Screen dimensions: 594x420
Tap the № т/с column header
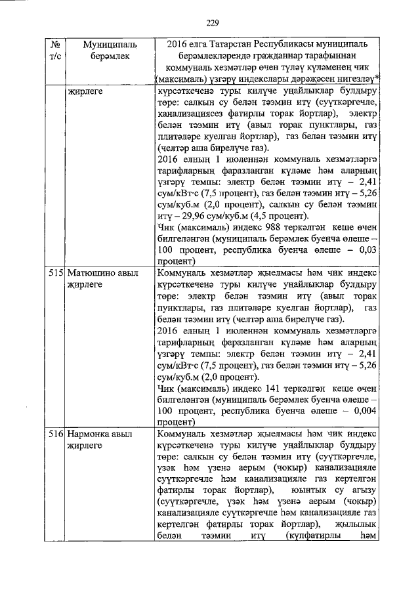pyautogui.click(x=55, y=50)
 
